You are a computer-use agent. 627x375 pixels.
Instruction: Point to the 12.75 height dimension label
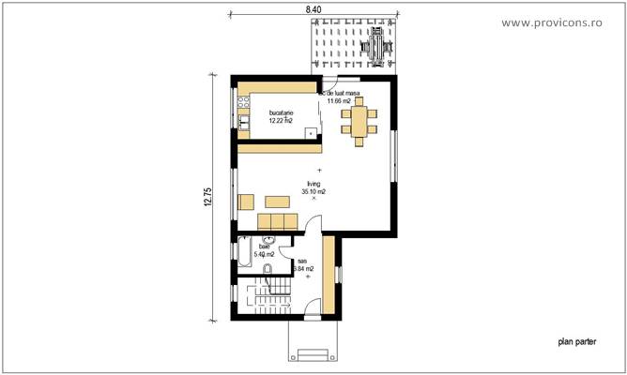pos(208,199)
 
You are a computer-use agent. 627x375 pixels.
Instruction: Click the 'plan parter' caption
pos(577,343)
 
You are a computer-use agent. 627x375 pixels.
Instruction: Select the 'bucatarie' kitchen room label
pos(281,112)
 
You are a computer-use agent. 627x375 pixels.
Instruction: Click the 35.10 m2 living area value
pos(313,191)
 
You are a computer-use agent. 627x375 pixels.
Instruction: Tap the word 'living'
pos(313,184)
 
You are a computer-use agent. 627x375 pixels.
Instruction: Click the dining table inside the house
pos(359,121)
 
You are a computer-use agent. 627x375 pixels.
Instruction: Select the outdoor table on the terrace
pos(376,45)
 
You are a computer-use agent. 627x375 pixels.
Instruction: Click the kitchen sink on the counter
pos(243,119)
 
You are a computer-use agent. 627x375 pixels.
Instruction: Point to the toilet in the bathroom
pos(268,270)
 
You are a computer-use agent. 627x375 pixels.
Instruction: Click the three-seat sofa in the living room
pos(277,220)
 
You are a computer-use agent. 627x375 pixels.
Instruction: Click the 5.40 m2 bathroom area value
pos(263,254)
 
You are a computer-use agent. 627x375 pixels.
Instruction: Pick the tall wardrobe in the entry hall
pos(329,273)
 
